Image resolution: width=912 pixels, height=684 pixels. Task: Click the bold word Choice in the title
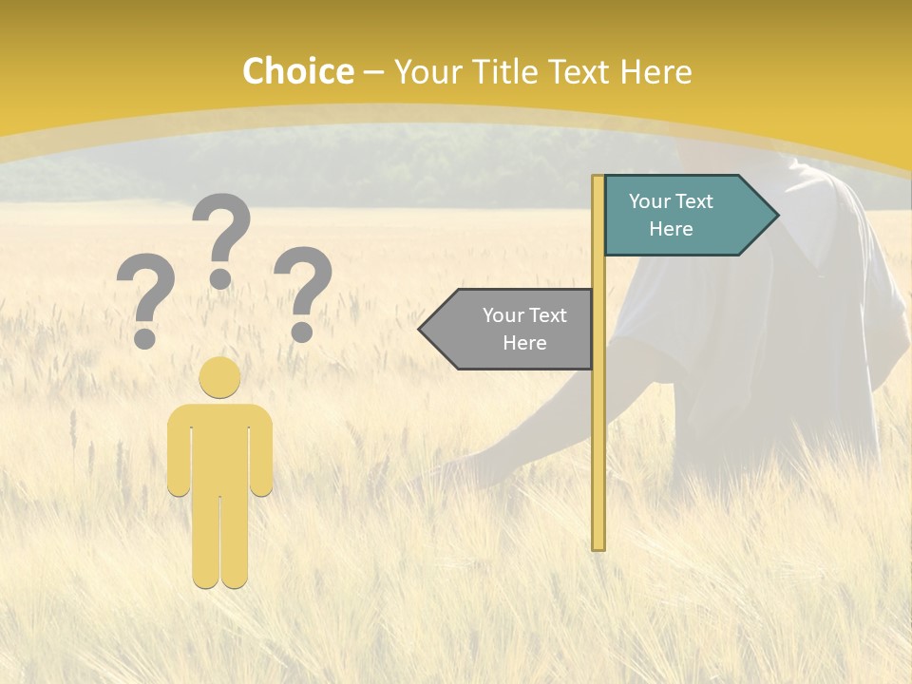tap(297, 71)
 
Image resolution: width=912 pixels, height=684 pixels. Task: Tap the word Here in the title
tap(655, 71)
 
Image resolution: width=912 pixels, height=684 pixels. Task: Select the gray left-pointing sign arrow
tap(513, 329)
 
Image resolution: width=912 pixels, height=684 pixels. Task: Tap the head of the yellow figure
tap(220, 377)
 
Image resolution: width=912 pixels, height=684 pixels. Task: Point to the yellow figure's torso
tap(220, 446)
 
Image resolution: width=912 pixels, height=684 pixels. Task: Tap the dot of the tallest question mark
tap(220, 278)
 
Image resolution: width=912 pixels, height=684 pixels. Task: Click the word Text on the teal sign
tap(693, 201)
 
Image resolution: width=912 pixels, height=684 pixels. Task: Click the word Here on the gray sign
tap(524, 343)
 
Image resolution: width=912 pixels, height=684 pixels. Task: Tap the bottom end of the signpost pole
tap(598, 544)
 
